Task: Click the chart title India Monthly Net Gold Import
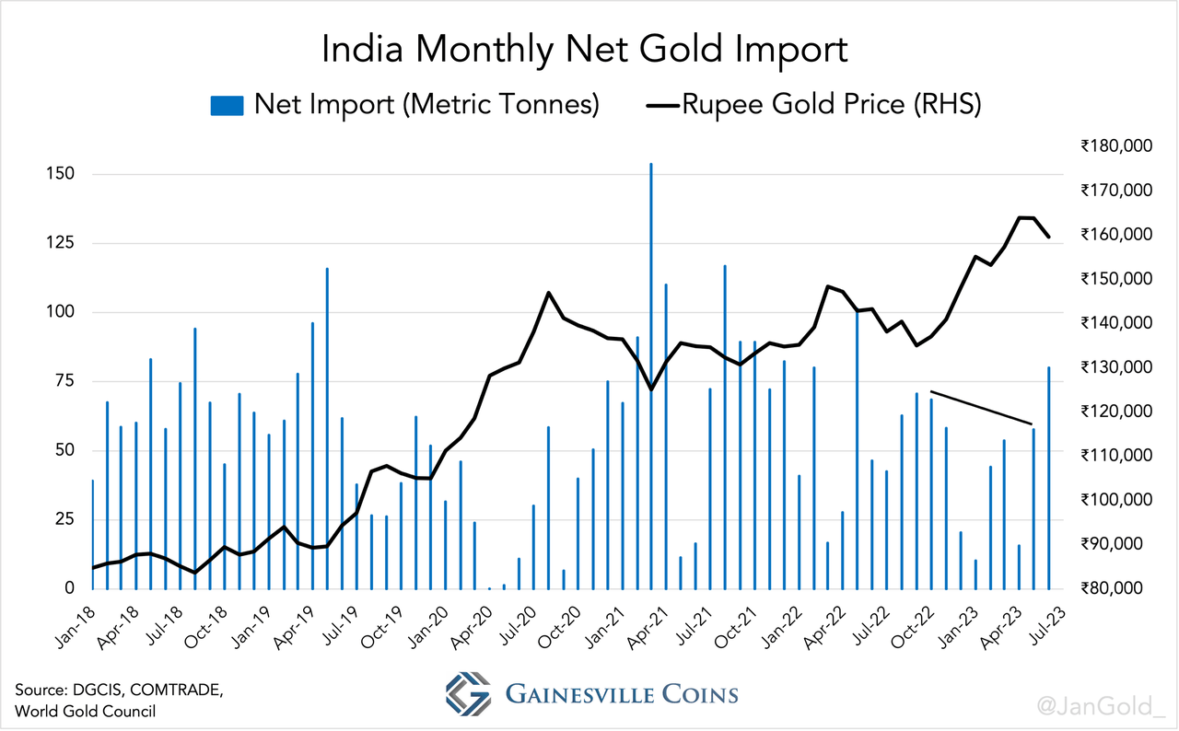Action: [x=584, y=50]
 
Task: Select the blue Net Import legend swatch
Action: [x=227, y=105]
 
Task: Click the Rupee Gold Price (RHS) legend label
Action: [x=831, y=104]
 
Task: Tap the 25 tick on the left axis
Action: [x=63, y=519]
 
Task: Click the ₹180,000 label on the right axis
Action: [x=1116, y=146]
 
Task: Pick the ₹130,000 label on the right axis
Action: [x=1116, y=367]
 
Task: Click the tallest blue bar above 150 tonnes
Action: [x=651, y=368]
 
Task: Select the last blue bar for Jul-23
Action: [x=1048, y=479]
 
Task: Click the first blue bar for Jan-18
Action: [x=93, y=534]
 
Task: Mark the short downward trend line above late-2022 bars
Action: [x=982, y=408]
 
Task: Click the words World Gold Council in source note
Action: [x=85, y=711]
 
